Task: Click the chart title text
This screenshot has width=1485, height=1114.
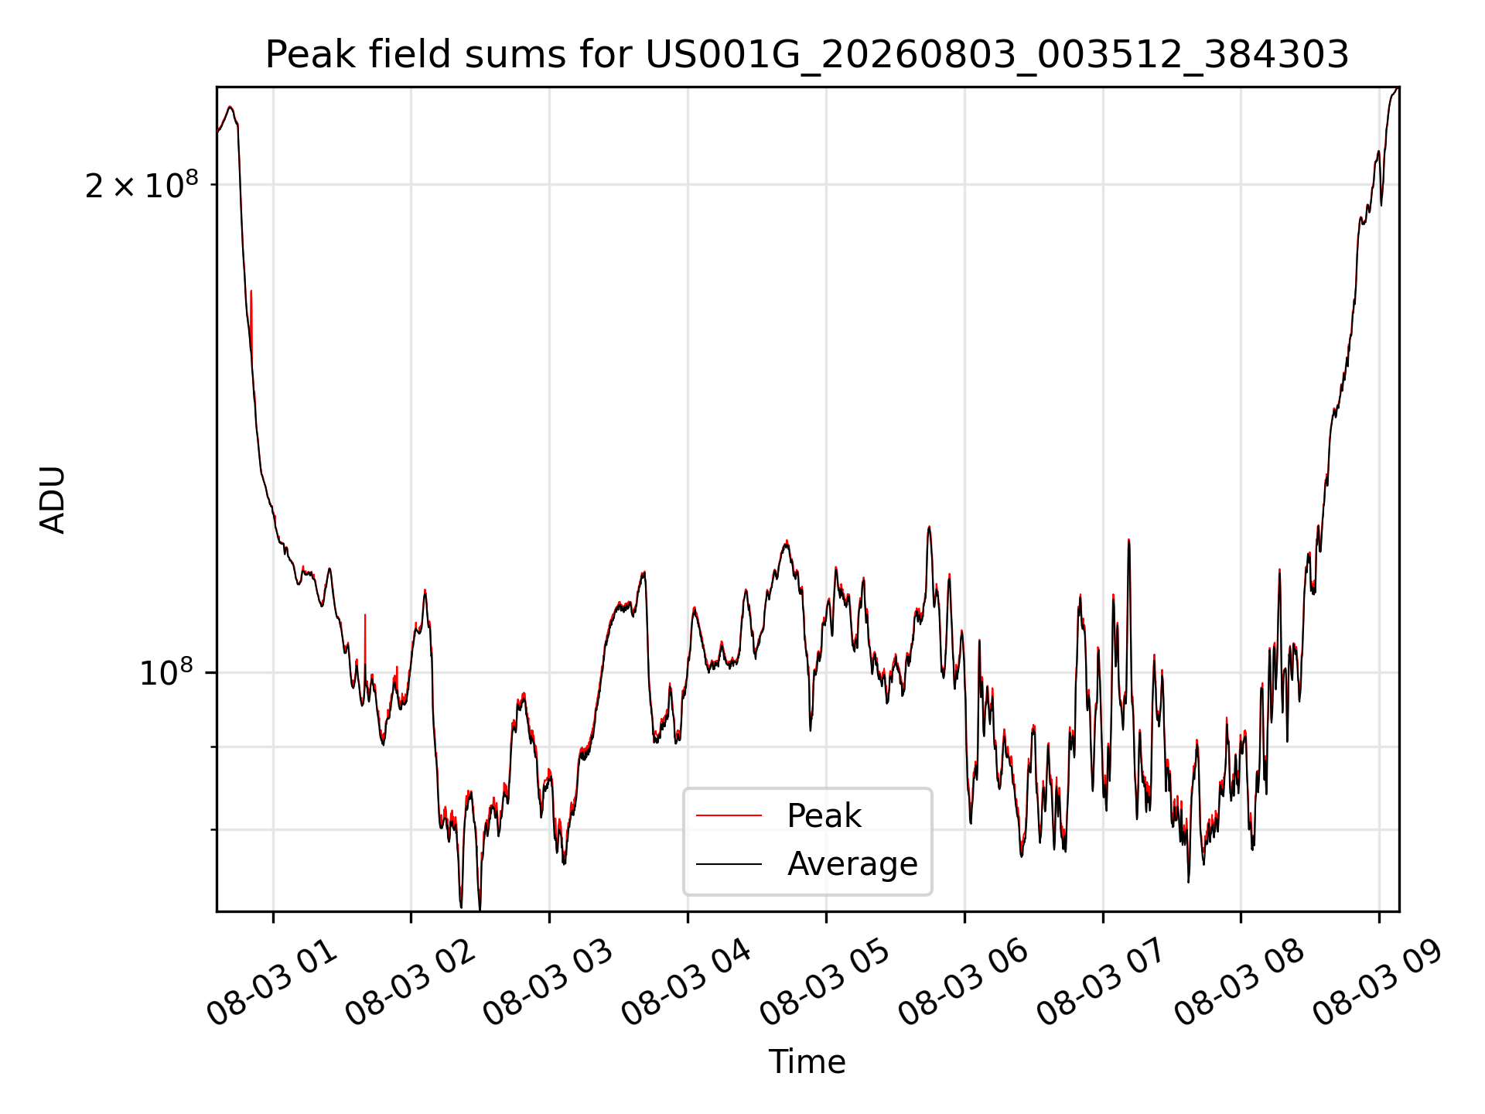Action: (x=807, y=55)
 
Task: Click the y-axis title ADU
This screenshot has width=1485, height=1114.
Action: (x=53, y=500)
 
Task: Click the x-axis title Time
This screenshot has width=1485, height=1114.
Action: (x=807, y=1061)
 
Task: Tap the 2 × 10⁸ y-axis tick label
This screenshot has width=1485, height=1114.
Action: (x=142, y=185)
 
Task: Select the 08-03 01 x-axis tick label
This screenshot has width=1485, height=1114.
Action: (x=272, y=983)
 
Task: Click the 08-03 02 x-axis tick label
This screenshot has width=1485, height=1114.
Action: (x=411, y=983)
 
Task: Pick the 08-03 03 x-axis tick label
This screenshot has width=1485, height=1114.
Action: (x=549, y=983)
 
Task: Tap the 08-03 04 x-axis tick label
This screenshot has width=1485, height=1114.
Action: (x=688, y=983)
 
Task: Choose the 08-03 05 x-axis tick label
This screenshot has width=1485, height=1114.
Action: (x=826, y=983)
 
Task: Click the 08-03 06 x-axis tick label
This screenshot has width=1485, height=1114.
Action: (x=964, y=983)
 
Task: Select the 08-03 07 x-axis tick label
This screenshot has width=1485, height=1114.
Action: (x=1103, y=983)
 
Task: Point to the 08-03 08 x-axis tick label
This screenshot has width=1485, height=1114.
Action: (x=1241, y=983)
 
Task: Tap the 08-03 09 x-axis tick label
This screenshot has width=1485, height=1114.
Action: (x=1379, y=983)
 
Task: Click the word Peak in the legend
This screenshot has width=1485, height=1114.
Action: (x=824, y=815)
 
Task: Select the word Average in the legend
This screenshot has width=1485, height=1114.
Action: (x=852, y=863)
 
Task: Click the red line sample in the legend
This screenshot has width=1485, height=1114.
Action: (x=729, y=815)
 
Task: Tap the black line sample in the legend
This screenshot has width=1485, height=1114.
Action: (x=729, y=863)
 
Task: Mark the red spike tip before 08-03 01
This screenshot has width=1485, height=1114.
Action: (x=251, y=291)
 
